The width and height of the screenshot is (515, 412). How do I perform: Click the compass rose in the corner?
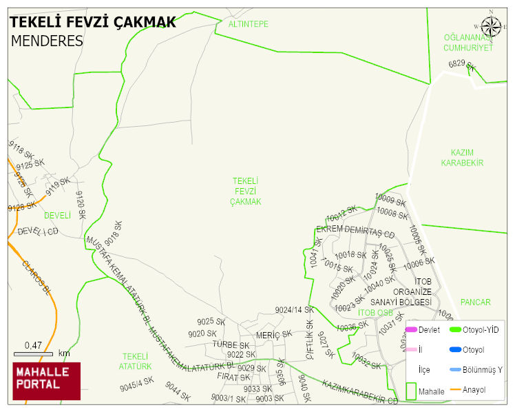coord(491,27)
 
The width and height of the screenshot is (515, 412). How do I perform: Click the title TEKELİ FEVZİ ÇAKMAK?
coord(93,22)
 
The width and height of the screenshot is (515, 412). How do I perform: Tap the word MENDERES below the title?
coord(47,41)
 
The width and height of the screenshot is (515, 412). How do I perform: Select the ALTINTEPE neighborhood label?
coord(248,24)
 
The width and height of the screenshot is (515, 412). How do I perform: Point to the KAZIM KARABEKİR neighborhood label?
coord(462,158)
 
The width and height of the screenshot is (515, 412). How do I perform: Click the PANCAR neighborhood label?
coord(475,302)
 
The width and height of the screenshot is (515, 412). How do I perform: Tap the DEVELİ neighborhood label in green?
coord(57,216)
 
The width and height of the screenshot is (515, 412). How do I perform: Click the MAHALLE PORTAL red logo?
coord(46,381)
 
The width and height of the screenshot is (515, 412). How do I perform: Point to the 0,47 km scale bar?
coord(34,353)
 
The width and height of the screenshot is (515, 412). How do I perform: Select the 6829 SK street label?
coord(462,65)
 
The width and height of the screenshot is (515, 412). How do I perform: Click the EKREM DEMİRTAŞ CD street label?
coord(355,231)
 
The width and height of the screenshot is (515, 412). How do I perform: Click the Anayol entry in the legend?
coord(473,390)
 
